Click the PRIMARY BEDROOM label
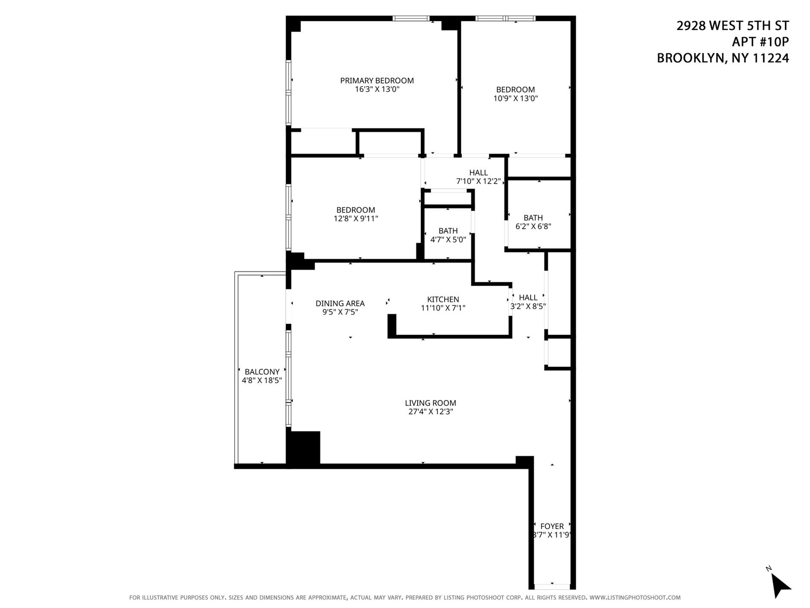pyautogui.click(x=377, y=81)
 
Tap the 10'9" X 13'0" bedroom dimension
pyautogui.click(x=515, y=99)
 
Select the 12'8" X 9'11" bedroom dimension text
pyautogui.click(x=356, y=219)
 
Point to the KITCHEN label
pyautogui.click(x=443, y=300)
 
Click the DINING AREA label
pyautogui.click(x=340, y=303)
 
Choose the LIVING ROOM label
pyautogui.click(x=430, y=403)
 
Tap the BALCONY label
pyautogui.click(x=262, y=372)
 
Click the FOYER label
pyautogui.click(x=552, y=526)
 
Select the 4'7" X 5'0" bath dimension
pyautogui.click(x=448, y=240)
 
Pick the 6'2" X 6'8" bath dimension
pyautogui.click(x=533, y=227)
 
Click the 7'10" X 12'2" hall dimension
pyautogui.click(x=478, y=181)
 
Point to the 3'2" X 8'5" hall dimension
pyautogui.click(x=528, y=306)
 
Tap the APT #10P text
pyautogui.click(x=760, y=42)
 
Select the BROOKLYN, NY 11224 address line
pyautogui.click(x=723, y=58)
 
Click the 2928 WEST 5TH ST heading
pyautogui.click(x=732, y=26)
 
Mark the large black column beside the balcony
pyautogui.click(x=304, y=448)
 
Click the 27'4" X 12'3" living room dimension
pyautogui.click(x=430, y=412)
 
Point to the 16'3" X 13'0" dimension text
pyautogui.click(x=377, y=90)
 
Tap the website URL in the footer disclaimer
pyautogui.click(x=635, y=598)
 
